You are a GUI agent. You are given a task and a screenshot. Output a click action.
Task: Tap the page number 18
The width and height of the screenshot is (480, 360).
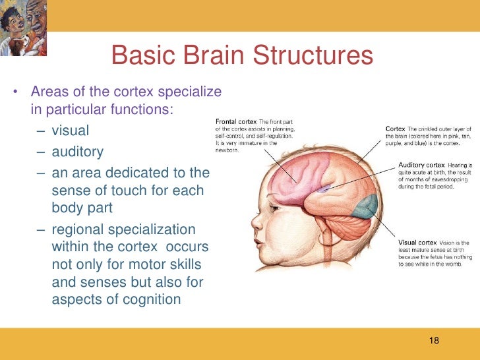433,340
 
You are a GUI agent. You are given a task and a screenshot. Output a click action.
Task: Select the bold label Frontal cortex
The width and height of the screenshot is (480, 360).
237,121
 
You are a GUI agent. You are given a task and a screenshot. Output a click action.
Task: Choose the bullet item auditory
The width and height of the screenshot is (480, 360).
77,152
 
